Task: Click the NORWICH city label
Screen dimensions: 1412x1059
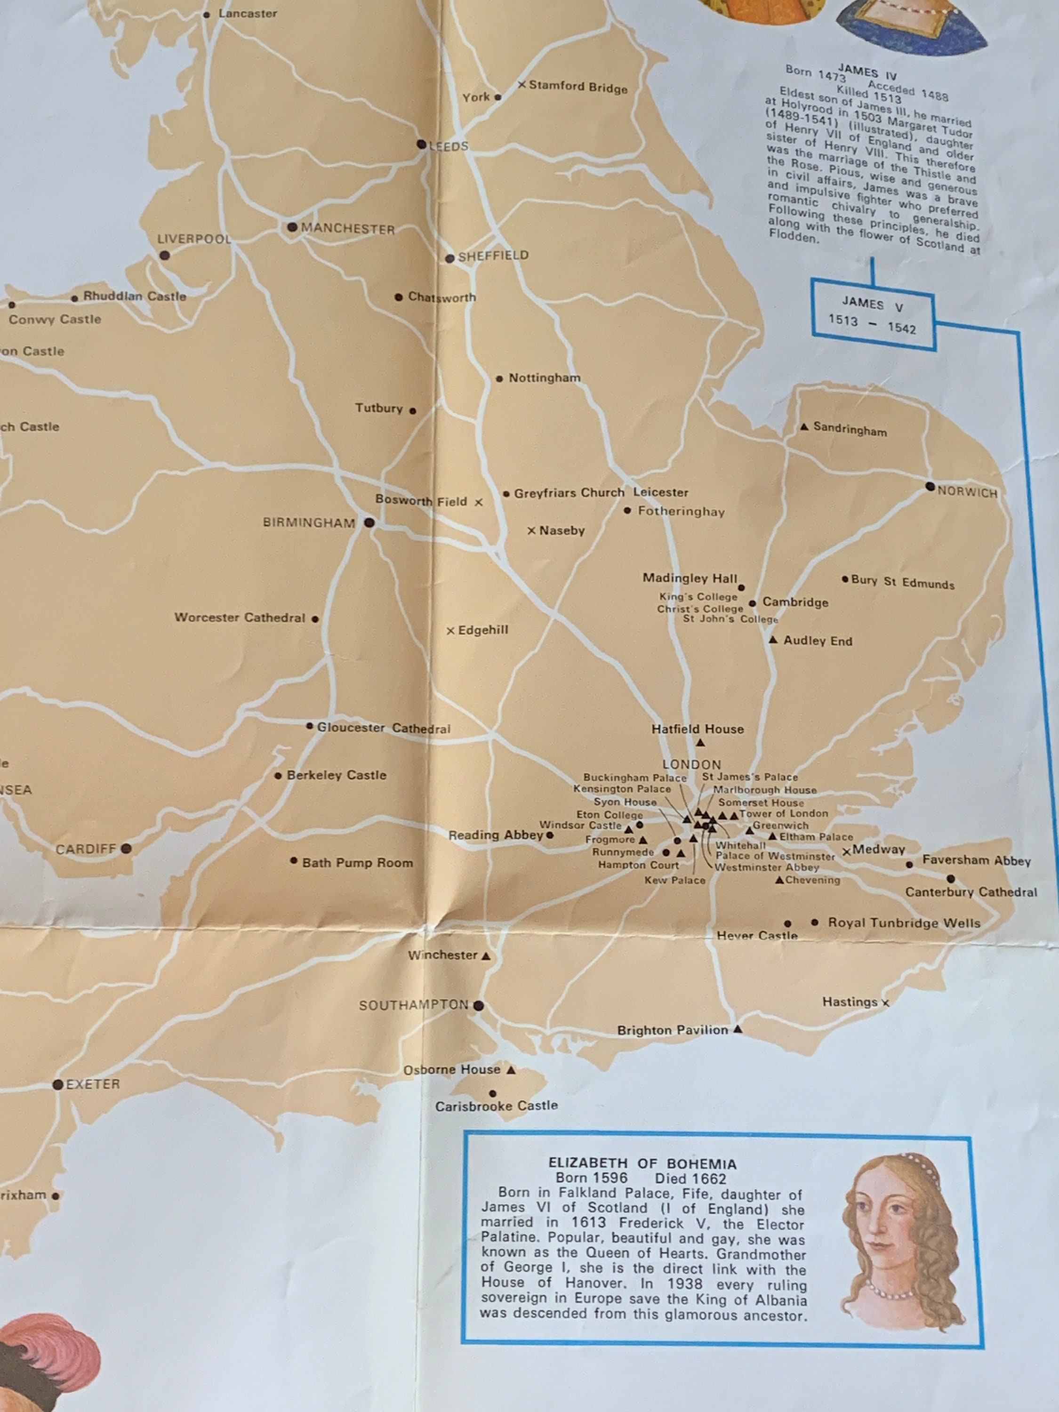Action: tap(966, 492)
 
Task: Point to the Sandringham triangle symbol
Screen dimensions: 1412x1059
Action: tap(805, 426)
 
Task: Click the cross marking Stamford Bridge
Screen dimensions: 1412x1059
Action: tap(521, 85)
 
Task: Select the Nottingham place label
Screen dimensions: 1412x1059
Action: tap(544, 378)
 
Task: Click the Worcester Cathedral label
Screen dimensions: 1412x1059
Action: tap(240, 617)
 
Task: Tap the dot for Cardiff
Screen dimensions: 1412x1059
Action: tap(127, 848)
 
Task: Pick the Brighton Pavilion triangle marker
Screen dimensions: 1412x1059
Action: tap(738, 1029)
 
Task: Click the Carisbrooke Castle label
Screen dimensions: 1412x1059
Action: tap(496, 1106)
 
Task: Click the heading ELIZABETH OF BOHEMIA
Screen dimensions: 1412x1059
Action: tap(642, 1163)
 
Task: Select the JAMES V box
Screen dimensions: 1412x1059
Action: tap(873, 314)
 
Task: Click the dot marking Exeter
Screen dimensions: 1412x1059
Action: tap(58, 1084)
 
